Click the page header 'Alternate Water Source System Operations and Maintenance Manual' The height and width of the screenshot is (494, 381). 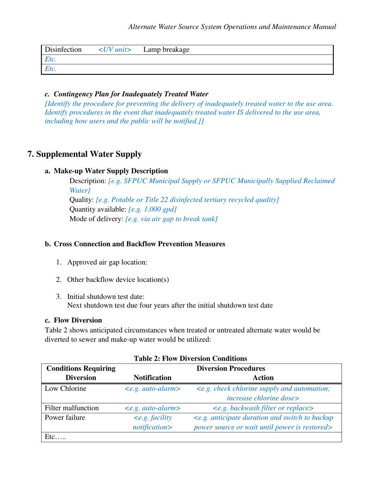tap(231, 27)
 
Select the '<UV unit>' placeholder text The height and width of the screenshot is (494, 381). tap(115, 50)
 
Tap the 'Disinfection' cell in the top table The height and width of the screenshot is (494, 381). tap(63, 50)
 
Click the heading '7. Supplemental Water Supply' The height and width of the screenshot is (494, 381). tap(84, 154)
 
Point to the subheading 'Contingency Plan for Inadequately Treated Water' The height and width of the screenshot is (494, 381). tap(131, 94)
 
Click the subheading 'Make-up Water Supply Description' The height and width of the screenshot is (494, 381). tap(111, 171)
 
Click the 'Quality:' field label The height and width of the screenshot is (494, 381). tap(82, 200)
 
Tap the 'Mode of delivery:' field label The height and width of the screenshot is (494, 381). tap(96, 219)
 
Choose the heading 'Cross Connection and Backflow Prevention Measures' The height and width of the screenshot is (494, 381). tap(139, 244)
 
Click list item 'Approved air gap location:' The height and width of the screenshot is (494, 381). tap(107, 262)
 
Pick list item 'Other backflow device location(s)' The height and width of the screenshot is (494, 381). tap(118, 280)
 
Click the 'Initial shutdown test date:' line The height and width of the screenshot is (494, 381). tap(105, 297)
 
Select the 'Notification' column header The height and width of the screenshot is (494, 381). tap(152, 378)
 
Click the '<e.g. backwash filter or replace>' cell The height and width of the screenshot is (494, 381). tap(263, 408)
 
